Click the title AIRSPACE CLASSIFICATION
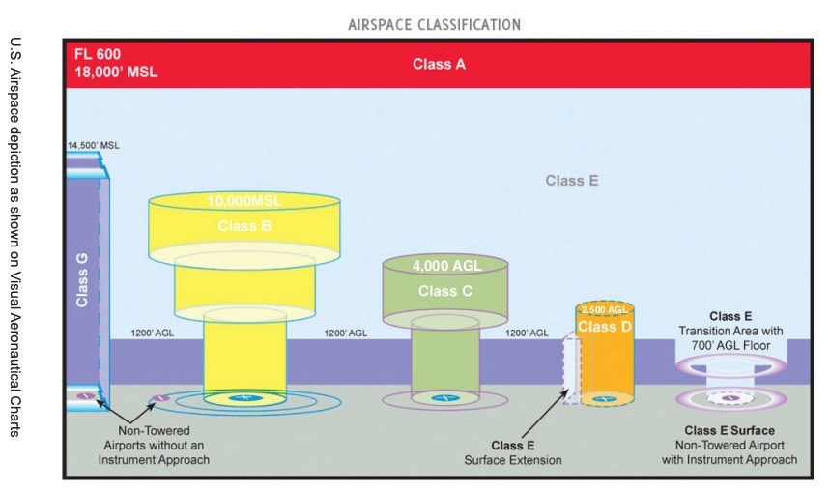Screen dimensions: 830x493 click(434, 25)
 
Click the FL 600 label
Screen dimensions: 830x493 click(98, 54)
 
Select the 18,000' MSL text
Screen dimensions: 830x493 click(116, 72)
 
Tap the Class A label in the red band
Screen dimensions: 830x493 click(439, 64)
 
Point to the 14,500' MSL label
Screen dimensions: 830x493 click(93, 145)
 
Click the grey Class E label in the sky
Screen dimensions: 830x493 click(572, 181)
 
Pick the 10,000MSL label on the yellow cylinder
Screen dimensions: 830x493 click(244, 201)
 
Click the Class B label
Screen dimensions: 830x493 click(244, 226)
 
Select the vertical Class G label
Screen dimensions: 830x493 click(82, 279)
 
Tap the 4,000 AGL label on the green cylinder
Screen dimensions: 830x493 click(446, 265)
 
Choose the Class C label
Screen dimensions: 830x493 click(444, 291)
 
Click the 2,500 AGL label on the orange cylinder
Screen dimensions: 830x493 click(605, 309)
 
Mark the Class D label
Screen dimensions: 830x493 click(605, 326)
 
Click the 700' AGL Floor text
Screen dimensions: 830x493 click(730, 345)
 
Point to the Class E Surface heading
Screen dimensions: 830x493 click(730, 430)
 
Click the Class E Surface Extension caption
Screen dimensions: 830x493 click(513, 452)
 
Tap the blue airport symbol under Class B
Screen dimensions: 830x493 click(244, 397)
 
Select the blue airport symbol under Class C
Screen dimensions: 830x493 click(445, 397)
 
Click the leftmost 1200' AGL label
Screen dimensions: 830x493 click(153, 333)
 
